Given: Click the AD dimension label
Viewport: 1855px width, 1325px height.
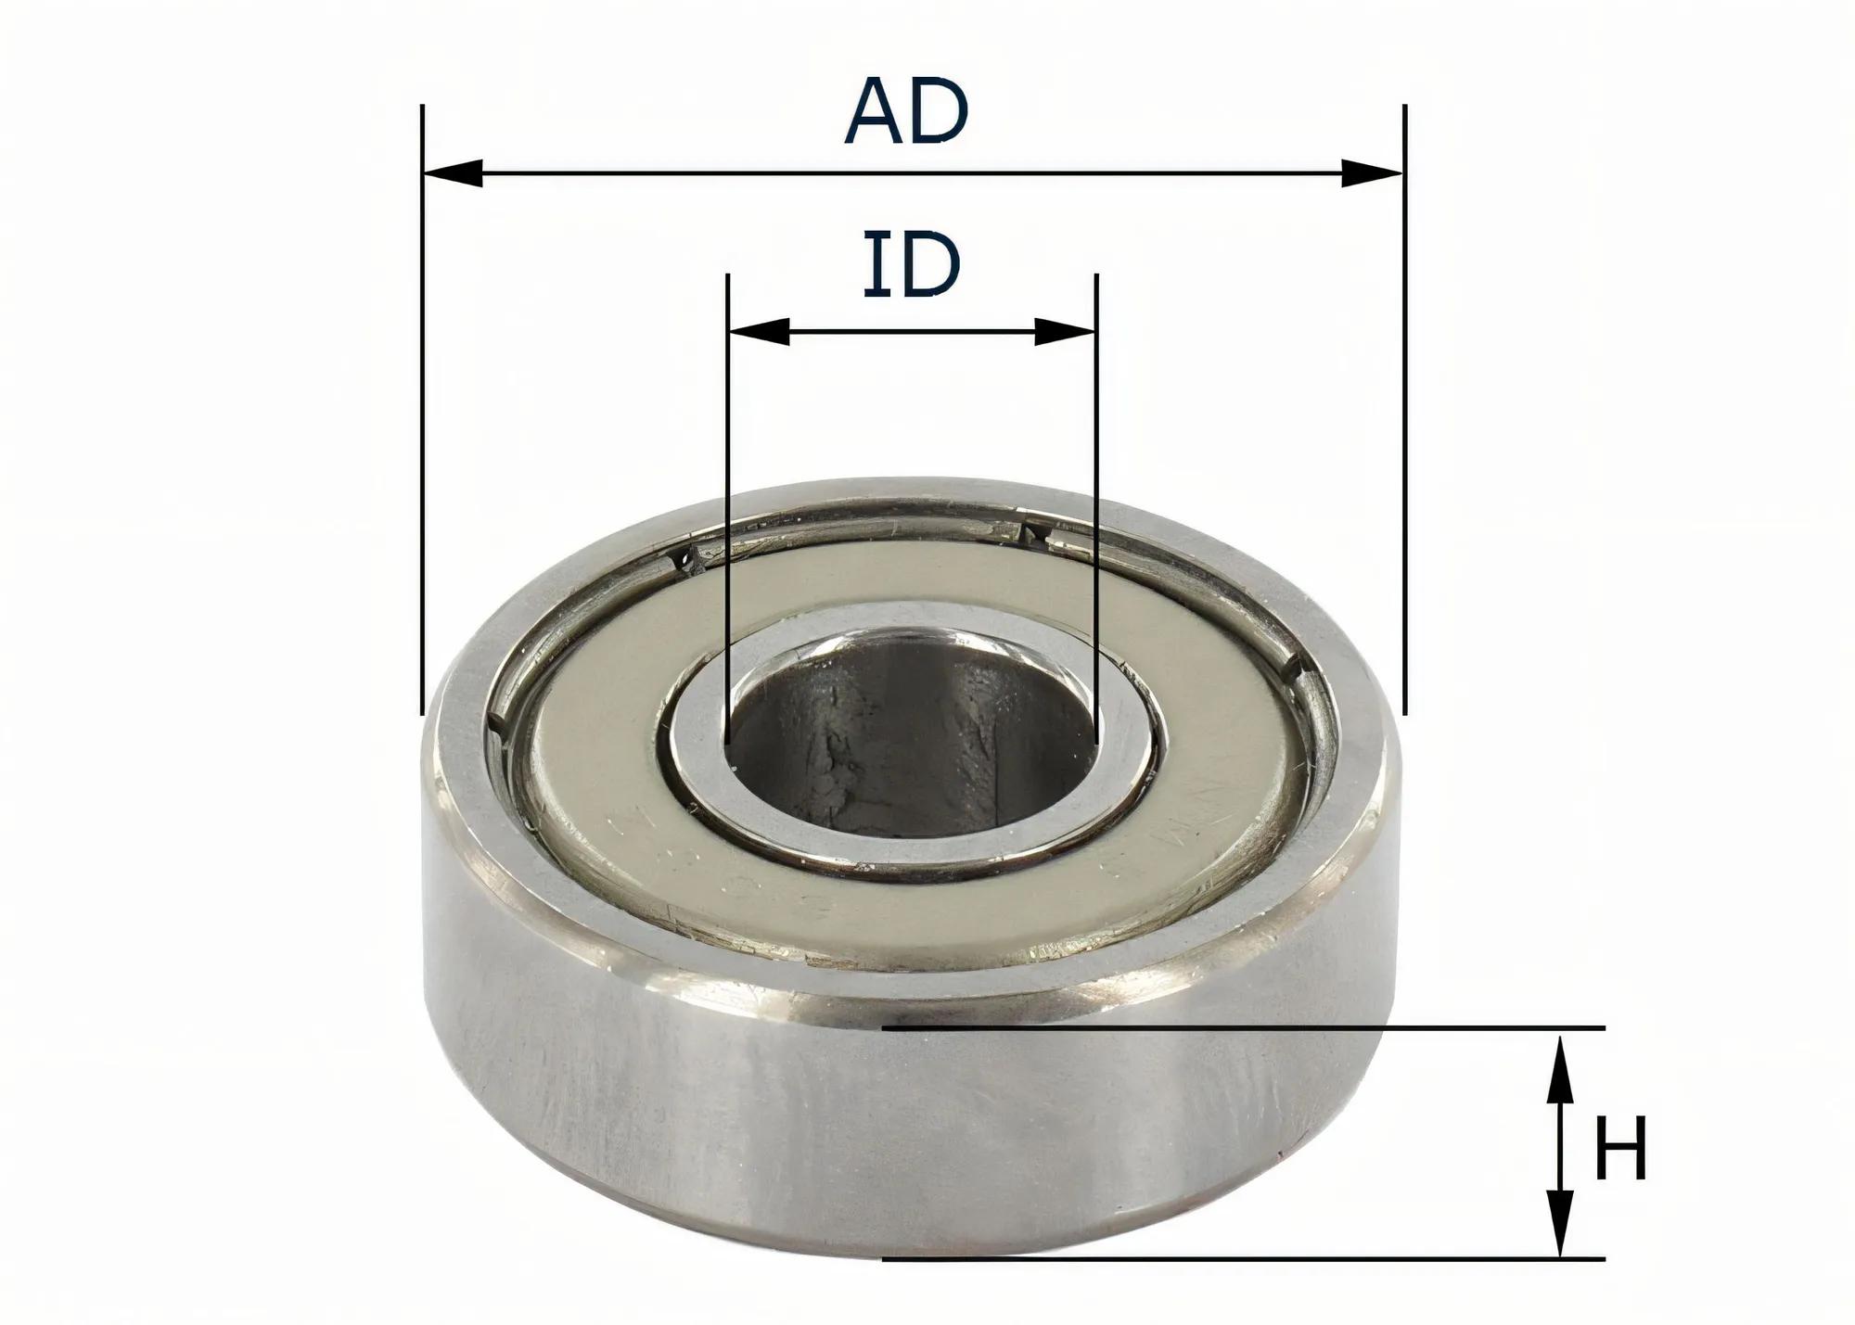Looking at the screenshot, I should click(906, 112).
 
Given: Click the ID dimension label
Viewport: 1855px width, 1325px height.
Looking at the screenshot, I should click(911, 266).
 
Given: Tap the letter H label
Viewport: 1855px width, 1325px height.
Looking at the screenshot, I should click(1619, 1148).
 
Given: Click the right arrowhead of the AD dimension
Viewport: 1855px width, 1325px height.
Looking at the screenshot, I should click(1373, 173).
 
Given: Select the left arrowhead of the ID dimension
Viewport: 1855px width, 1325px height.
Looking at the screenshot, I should click(759, 331).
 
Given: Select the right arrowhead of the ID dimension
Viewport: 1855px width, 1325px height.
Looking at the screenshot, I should click(1066, 331).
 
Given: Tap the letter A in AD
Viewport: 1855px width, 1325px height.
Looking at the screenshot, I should click(876, 112).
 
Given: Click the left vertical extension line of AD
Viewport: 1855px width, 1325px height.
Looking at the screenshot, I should click(422, 417).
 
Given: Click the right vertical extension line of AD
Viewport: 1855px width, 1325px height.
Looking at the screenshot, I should click(1405, 417).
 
